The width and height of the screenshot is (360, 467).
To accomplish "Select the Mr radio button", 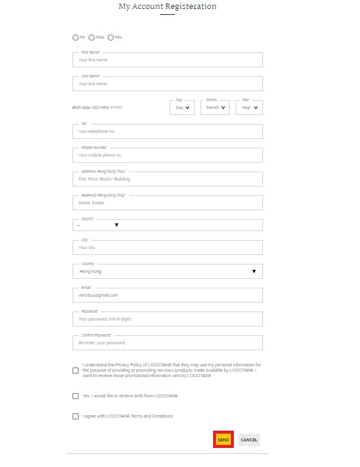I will click(76, 38).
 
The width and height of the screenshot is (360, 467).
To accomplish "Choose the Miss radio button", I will click(92, 38).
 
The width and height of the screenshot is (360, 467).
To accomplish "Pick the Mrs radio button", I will click(111, 38).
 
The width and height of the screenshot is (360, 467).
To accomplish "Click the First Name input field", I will click(167, 60).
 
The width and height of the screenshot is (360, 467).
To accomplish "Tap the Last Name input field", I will click(167, 84).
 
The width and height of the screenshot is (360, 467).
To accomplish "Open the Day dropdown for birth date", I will click(182, 108).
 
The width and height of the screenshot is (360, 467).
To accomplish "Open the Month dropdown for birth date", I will click(215, 108).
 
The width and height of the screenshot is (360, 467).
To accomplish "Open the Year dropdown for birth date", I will click(249, 108).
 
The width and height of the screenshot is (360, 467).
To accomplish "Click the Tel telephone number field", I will click(167, 132).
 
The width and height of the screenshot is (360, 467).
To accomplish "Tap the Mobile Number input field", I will click(167, 155).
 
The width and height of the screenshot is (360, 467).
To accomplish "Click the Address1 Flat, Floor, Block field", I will click(167, 179).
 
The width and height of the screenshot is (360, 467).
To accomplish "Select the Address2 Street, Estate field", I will click(167, 203).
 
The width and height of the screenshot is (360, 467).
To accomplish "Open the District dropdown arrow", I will click(117, 225).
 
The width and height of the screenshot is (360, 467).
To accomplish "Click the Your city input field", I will click(167, 248).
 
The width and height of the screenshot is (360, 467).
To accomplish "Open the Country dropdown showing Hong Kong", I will click(167, 272).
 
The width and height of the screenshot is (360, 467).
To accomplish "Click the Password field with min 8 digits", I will click(167, 319).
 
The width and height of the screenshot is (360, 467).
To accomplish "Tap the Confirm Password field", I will click(167, 343).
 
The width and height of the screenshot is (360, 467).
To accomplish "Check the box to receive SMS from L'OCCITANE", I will click(76, 396).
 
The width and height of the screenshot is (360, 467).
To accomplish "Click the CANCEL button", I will click(249, 440).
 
